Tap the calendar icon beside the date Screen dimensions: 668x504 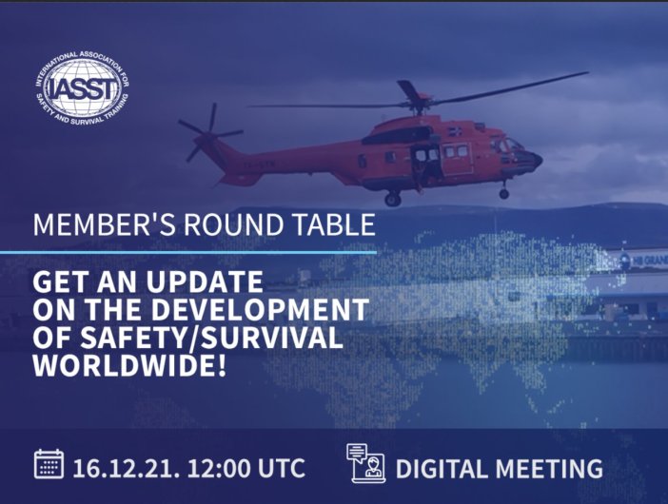tap(49, 464)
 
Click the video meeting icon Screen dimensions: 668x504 tap(366, 463)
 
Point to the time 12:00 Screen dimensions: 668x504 tap(219, 469)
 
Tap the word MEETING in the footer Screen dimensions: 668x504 tap(549, 469)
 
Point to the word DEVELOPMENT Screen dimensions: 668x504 tap(260, 309)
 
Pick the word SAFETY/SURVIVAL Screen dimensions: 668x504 tap(212, 338)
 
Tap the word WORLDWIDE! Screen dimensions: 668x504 tap(129, 366)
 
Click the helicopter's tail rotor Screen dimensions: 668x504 tap(209, 133)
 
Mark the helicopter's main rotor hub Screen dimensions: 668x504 tap(417, 104)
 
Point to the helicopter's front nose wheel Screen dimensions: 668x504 tap(504, 194)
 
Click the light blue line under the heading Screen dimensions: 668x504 tap(188, 252)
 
